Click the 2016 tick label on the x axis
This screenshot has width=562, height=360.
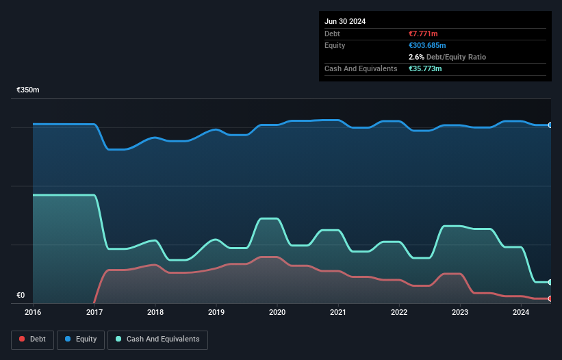(x=33, y=312)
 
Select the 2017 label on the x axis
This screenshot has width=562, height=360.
(x=94, y=312)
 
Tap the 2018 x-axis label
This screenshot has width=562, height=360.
(x=155, y=312)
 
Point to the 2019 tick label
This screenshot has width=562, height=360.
(x=216, y=312)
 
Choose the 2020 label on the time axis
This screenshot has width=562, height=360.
(x=277, y=312)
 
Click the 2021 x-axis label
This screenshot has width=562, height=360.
(x=337, y=312)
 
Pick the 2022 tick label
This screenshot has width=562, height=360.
(x=399, y=312)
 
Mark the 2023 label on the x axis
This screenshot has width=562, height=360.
(x=460, y=312)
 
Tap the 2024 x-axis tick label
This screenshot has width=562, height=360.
(x=521, y=312)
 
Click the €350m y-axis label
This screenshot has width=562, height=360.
(x=28, y=90)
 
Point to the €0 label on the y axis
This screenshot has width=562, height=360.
(x=21, y=296)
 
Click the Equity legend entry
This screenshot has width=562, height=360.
(x=81, y=339)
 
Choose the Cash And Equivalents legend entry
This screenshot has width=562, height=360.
(x=158, y=339)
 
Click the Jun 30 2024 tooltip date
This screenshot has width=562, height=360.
(x=345, y=21)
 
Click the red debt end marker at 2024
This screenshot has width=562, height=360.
(x=550, y=298)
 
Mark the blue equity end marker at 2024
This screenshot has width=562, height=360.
(x=550, y=125)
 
